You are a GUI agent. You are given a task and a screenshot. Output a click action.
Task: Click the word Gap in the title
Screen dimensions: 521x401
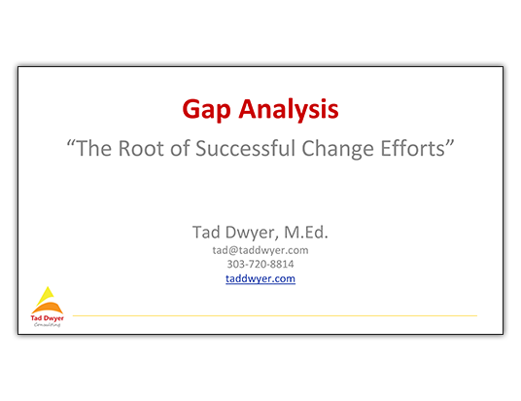click(x=206, y=109)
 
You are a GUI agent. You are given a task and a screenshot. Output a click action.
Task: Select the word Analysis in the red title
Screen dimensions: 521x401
click(x=289, y=109)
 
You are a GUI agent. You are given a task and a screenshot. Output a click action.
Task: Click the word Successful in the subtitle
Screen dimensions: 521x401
click(x=245, y=148)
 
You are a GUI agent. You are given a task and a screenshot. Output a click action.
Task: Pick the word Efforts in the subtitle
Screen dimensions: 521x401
click(x=413, y=148)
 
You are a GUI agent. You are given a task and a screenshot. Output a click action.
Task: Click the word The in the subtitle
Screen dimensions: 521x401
click(x=94, y=148)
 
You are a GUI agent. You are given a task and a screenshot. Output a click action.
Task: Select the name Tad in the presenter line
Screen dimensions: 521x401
click(x=206, y=232)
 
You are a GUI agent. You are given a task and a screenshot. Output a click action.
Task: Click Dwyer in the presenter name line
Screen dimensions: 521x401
click(x=252, y=233)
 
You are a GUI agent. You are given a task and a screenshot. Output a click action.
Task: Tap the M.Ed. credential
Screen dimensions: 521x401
click(x=306, y=232)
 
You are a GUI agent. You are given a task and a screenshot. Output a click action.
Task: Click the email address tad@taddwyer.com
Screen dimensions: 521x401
click(x=260, y=250)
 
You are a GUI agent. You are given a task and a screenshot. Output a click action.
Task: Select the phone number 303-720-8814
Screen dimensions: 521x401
click(x=260, y=264)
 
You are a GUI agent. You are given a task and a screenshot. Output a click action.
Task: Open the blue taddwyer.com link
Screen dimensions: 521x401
click(x=260, y=278)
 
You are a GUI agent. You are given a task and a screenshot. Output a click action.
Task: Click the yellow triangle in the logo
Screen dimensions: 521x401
click(x=46, y=296)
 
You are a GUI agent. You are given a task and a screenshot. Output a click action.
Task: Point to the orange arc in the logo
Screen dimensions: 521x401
click(x=48, y=308)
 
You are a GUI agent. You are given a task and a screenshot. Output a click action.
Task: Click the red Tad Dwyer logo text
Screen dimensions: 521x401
click(x=48, y=318)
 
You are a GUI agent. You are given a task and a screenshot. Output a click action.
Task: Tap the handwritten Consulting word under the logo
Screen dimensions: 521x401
click(x=48, y=324)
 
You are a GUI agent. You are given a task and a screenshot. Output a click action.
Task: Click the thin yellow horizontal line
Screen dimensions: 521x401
click(x=275, y=315)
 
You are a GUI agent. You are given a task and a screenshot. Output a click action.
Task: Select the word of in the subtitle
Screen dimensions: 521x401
click(x=180, y=148)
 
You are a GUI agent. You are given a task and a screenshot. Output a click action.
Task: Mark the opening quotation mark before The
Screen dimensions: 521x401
click(x=71, y=143)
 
